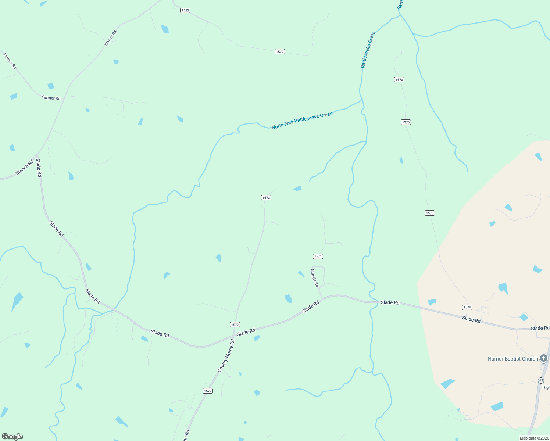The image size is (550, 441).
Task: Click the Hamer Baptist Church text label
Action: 512,359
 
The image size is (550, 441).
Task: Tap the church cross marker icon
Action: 544,358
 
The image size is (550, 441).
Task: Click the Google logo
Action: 12,436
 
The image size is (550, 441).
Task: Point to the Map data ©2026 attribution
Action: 533,438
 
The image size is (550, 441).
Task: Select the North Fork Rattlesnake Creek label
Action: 302,121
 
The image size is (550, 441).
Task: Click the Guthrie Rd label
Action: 314,278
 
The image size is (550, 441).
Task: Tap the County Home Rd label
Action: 226,356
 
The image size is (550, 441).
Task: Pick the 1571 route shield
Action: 318,256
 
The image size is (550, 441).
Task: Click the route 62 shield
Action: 541,380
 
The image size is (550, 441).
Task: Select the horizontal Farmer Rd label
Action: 51,98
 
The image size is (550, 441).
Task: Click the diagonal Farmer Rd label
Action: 10,61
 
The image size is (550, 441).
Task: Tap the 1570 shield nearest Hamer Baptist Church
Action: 467,307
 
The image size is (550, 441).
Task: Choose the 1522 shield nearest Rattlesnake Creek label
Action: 279,52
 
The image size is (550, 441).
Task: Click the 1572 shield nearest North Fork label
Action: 266,198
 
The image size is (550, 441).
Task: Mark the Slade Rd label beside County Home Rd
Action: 246,332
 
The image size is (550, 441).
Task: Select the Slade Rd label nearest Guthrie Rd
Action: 311,307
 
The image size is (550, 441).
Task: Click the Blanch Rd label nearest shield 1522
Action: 111,38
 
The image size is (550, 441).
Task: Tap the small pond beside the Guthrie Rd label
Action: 301,274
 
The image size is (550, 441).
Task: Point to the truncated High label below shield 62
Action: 546,387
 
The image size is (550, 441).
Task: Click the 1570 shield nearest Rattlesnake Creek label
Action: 399,80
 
